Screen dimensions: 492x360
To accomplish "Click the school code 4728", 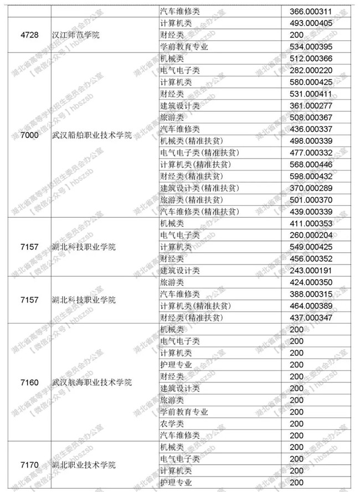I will click(29, 35).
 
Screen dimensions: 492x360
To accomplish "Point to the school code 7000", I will click(29, 136).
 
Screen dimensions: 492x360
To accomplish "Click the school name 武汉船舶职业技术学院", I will click(91, 136).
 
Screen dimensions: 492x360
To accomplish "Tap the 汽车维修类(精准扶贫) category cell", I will click(199, 211).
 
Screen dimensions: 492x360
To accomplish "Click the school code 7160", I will click(29, 382).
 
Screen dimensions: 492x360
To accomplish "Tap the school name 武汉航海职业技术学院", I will click(91, 382).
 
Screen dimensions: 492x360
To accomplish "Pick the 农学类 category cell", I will click(172, 423).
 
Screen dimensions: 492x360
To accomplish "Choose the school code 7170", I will click(29, 464).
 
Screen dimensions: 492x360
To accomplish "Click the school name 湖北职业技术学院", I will click(83, 464).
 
